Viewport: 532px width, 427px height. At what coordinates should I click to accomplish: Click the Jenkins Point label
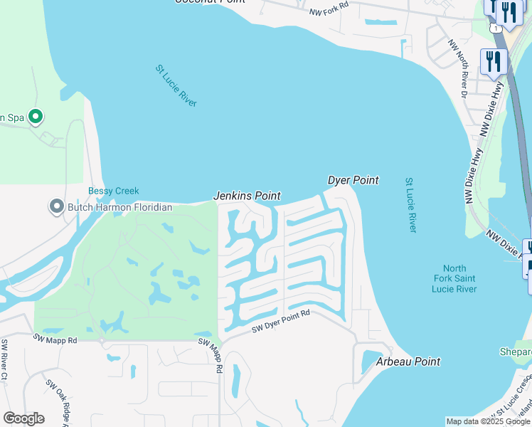pyautogui.click(x=248, y=196)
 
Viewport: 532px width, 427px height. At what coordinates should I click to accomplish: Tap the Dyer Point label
pyautogui.click(x=353, y=181)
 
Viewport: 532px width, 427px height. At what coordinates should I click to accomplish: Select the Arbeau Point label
pyautogui.click(x=408, y=362)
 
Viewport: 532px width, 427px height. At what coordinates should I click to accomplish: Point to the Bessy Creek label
pyautogui.click(x=113, y=191)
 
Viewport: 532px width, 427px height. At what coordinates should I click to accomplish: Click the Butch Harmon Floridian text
pyautogui.click(x=120, y=207)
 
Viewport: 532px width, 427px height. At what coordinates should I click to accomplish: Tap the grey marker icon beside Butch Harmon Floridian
pyautogui.click(x=56, y=207)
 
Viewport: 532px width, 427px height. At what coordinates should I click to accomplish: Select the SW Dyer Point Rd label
pyautogui.click(x=282, y=322)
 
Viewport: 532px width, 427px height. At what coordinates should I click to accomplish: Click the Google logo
pyautogui.click(x=23, y=418)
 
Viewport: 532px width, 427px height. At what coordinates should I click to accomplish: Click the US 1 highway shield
pyautogui.click(x=496, y=26)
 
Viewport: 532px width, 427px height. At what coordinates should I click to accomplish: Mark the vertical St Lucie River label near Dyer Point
pyautogui.click(x=410, y=205)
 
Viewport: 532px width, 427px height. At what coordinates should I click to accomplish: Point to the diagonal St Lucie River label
pyautogui.click(x=176, y=86)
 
